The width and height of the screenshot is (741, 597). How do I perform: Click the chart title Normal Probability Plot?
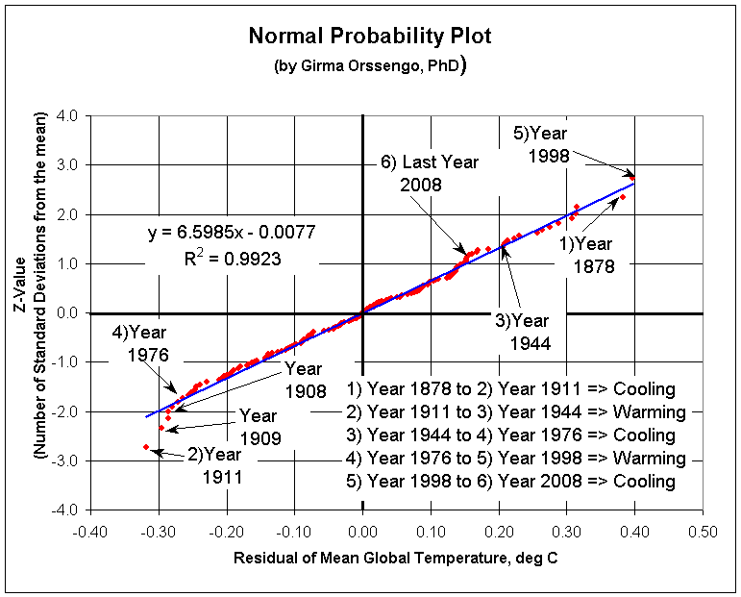(x=370, y=37)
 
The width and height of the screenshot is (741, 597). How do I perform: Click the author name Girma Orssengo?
(x=365, y=66)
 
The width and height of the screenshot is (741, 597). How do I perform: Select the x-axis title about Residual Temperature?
(x=396, y=558)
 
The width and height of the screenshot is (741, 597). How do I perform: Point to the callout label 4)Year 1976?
(x=141, y=343)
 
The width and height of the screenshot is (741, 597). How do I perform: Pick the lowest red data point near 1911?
(x=145, y=447)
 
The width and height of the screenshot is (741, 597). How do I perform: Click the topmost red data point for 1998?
(x=633, y=176)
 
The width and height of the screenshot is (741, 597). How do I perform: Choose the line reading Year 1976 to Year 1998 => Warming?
(x=516, y=459)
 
